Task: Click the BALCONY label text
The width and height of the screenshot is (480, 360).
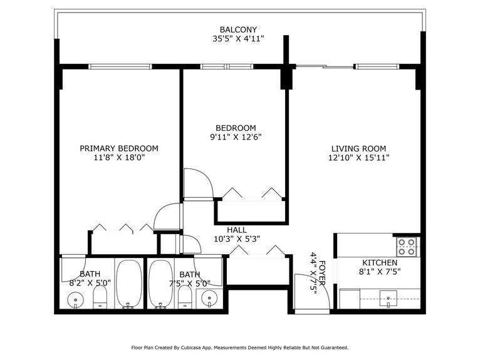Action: tap(238, 29)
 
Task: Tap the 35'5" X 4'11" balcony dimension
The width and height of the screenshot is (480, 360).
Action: tap(238, 39)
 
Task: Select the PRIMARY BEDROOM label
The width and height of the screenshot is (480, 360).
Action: tap(119, 148)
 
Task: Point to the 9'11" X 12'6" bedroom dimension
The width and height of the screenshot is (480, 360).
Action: tap(235, 137)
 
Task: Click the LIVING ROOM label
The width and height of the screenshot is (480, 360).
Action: tap(358, 148)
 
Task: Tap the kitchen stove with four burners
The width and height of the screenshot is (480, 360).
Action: tap(407, 246)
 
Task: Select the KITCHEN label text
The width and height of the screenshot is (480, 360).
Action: tap(380, 262)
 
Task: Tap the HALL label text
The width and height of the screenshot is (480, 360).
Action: tap(236, 229)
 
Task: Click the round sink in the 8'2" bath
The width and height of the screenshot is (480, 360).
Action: tap(76, 300)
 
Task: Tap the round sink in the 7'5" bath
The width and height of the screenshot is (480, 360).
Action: tap(209, 299)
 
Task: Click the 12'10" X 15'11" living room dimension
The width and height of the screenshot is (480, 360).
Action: tap(358, 158)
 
